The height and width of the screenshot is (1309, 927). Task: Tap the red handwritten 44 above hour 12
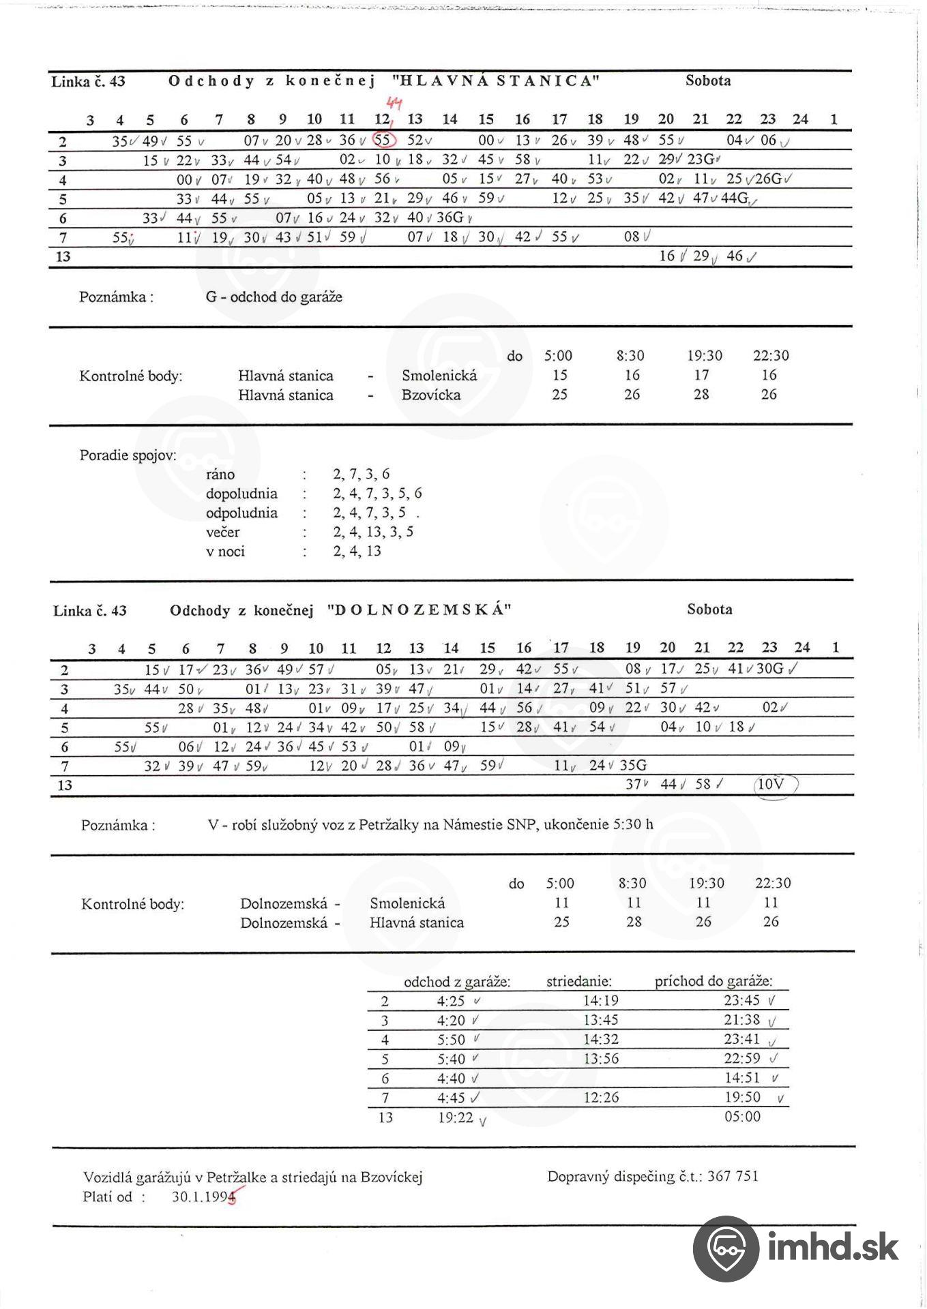coord(394,104)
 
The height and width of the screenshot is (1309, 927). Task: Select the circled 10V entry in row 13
coord(771,784)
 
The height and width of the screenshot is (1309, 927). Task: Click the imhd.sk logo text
coord(833,1248)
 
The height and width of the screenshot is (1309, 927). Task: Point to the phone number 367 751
coord(733,1176)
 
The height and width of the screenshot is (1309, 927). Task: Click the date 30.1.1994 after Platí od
coord(203,1197)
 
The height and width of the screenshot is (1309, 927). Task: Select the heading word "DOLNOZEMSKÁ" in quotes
coord(419,610)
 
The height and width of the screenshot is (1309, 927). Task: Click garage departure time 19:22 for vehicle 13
coord(456,1117)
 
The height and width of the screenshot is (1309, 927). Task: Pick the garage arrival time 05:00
coord(742,1117)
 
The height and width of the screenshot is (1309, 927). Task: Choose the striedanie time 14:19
coord(601,1001)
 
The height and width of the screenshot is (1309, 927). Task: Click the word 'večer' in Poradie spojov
coord(223,532)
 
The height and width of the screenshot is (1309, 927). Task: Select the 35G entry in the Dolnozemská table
coord(633,765)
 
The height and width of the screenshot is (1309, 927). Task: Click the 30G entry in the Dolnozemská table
coord(770,669)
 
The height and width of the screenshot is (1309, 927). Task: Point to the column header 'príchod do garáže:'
coord(713,981)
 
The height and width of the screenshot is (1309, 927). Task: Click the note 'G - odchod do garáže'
coord(274,297)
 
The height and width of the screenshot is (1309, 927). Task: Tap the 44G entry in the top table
coord(735,198)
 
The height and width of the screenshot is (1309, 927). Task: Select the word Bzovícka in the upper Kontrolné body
coord(431,395)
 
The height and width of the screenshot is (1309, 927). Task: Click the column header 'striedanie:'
coord(579,982)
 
